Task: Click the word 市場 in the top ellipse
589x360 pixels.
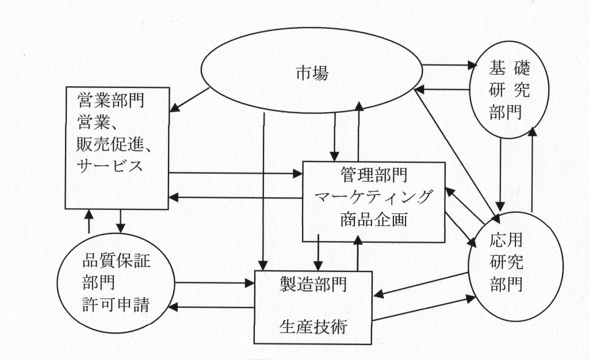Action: [313, 74]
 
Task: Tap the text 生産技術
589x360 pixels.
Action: [313, 326]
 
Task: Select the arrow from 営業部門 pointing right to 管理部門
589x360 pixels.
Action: [236, 172]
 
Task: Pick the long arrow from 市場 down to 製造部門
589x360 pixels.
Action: [263, 190]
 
